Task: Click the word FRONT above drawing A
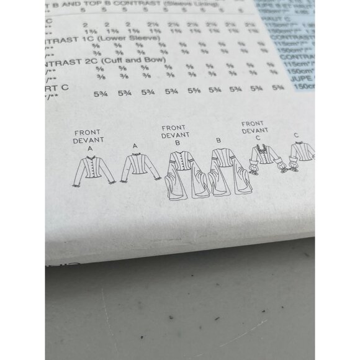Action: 86,133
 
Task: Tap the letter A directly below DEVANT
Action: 90,150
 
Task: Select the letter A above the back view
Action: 135,145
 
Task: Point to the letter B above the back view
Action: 218,141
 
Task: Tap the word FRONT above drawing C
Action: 253,123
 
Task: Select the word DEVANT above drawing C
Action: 253,130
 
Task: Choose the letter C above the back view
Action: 296,135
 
